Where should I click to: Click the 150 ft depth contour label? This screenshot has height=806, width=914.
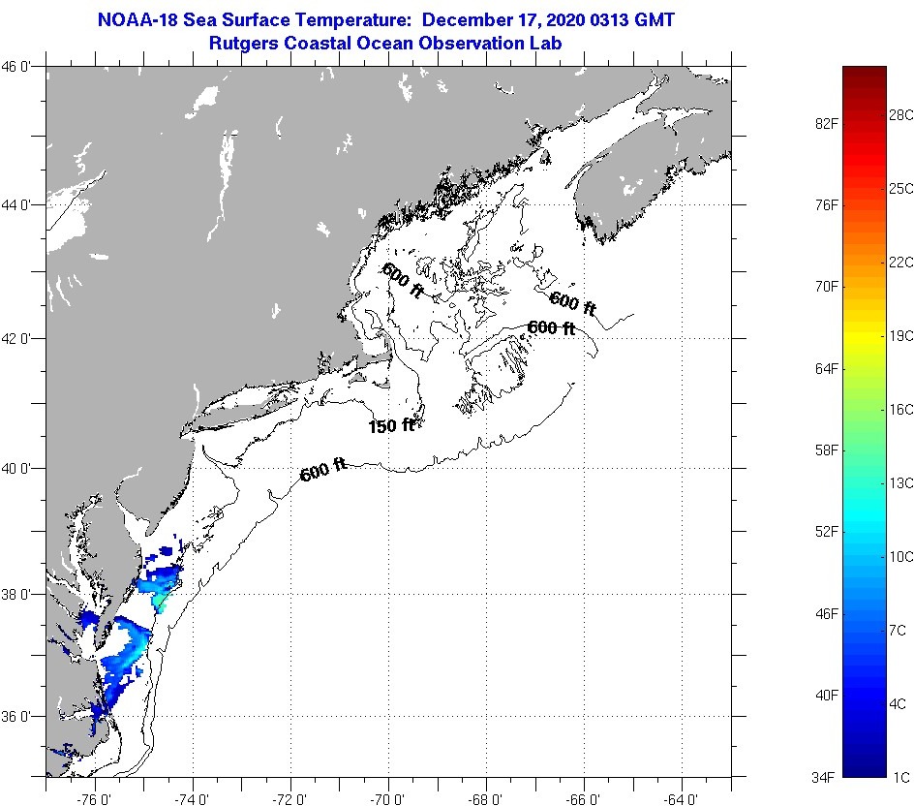coord(391,425)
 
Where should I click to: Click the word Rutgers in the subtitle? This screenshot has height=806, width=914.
coord(241,44)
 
